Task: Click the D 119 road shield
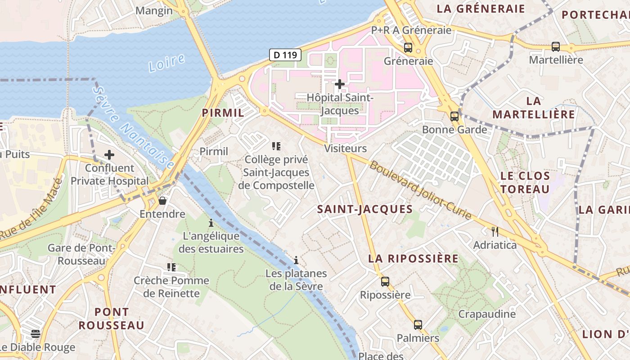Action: pyautogui.click(x=285, y=55)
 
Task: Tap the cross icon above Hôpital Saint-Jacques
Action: pyautogui.click(x=340, y=84)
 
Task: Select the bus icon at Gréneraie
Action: pyautogui.click(x=408, y=47)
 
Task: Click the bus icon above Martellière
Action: pyautogui.click(x=556, y=46)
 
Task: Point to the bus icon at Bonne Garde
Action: pyautogui.click(x=454, y=117)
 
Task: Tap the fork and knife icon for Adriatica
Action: pyautogui.click(x=495, y=232)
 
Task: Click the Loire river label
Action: pyautogui.click(x=166, y=63)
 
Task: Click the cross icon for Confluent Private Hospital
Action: pyautogui.click(x=109, y=155)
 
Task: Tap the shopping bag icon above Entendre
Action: pyautogui.click(x=162, y=201)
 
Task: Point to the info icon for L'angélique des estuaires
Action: pyautogui.click(x=211, y=223)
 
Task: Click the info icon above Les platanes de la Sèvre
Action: pyautogui.click(x=296, y=260)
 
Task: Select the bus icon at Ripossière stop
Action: pyautogui.click(x=385, y=282)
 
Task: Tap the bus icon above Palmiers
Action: pyautogui.click(x=418, y=324)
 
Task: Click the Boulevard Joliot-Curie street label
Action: pyautogui.click(x=421, y=190)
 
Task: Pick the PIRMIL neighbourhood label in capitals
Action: pyautogui.click(x=223, y=113)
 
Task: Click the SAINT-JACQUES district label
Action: pyautogui.click(x=365, y=209)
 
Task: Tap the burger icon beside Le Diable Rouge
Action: pyautogui.click(x=36, y=334)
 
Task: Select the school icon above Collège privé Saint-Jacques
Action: pyautogui.click(x=276, y=146)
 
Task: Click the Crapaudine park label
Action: pyautogui.click(x=487, y=314)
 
